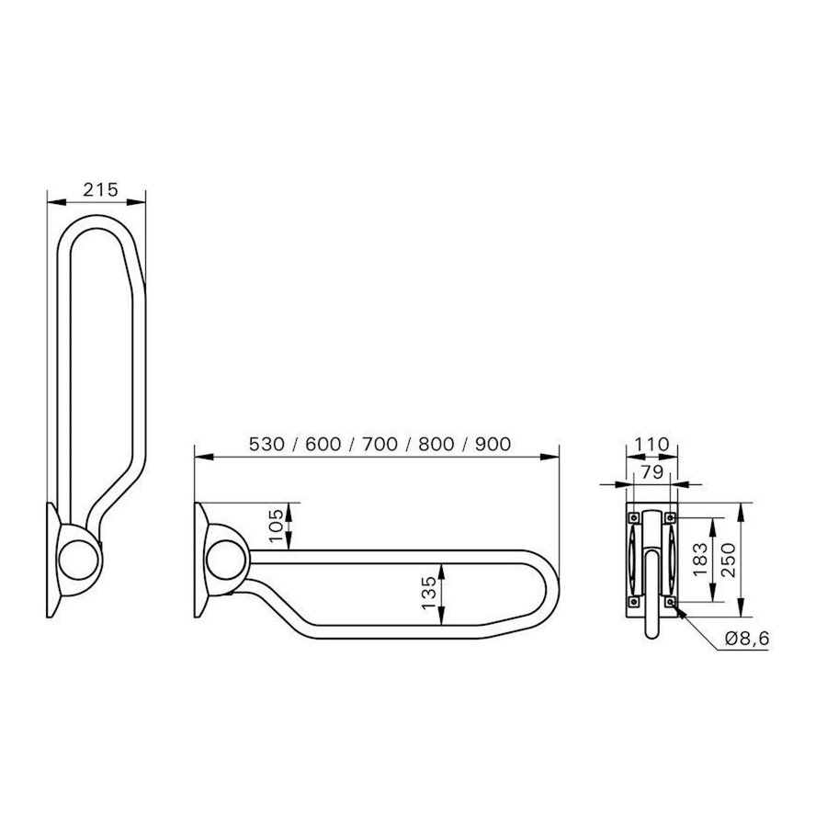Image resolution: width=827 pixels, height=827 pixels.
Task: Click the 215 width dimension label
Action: [99, 189]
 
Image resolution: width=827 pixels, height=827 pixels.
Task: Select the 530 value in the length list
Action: [269, 443]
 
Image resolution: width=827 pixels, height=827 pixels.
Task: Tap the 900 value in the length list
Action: [492, 443]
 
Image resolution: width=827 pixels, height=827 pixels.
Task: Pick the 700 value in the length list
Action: [380, 443]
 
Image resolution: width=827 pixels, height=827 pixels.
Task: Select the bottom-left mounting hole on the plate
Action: [631, 599]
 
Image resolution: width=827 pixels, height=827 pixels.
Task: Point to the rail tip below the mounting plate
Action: [651, 631]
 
